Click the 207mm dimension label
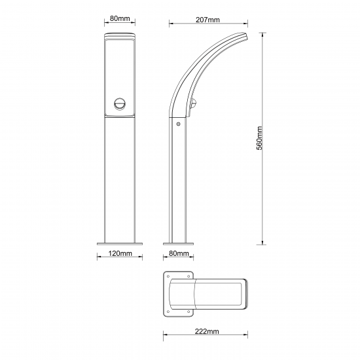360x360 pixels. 207,20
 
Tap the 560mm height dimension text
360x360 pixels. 259,138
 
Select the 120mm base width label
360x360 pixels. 120,253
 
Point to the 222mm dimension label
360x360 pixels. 207,331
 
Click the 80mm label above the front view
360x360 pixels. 120,18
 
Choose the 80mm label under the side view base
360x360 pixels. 179,253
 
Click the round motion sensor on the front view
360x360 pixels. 120,104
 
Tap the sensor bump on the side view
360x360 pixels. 194,103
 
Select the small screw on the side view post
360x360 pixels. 178,124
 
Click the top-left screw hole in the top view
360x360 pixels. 168,276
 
